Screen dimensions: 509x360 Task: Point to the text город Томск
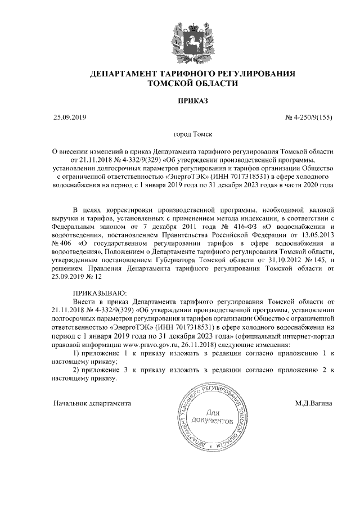193,135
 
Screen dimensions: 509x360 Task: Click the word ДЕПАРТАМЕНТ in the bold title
124,74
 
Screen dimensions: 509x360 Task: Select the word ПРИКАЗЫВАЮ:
100,293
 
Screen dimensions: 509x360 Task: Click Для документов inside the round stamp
211,416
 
